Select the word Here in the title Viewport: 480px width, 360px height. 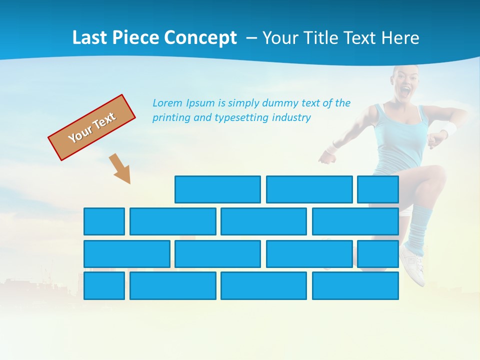(x=400, y=37)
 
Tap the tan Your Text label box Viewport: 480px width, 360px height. (x=92, y=127)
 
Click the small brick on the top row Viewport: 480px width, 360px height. (x=378, y=189)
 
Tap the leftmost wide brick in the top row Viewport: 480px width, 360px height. (x=217, y=189)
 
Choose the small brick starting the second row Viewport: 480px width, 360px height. (x=104, y=221)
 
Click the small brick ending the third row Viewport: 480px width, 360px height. (x=378, y=254)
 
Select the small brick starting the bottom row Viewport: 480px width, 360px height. (x=104, y=286)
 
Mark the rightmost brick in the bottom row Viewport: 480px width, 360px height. (x=355, y=286)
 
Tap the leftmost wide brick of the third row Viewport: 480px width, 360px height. (x=127, y=254)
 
